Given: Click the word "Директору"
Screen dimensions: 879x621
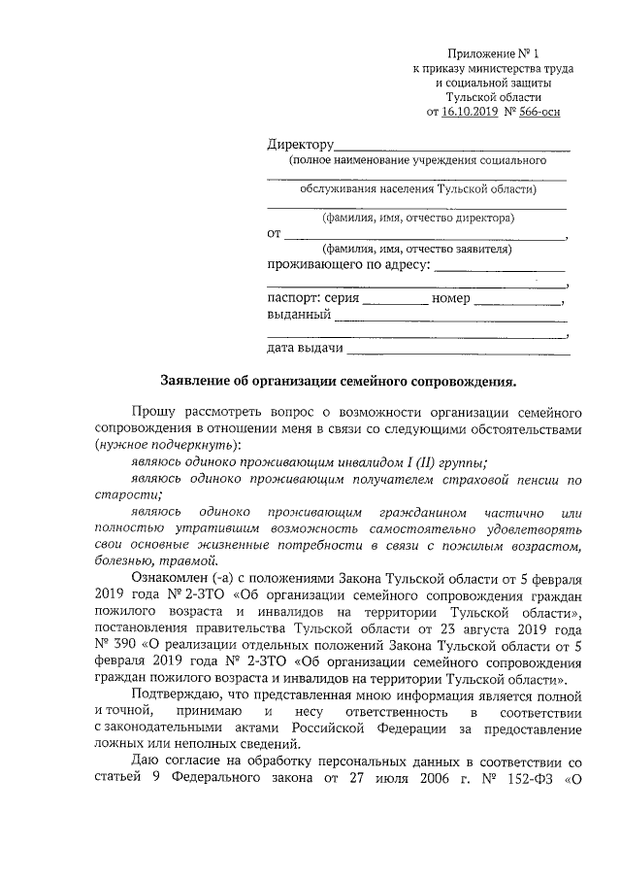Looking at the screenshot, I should click(x=301, y=146).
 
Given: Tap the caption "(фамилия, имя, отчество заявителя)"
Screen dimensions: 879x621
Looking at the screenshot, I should click(x=417, y=249).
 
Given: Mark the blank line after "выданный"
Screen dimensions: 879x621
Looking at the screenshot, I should click(x=449, y=319).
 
